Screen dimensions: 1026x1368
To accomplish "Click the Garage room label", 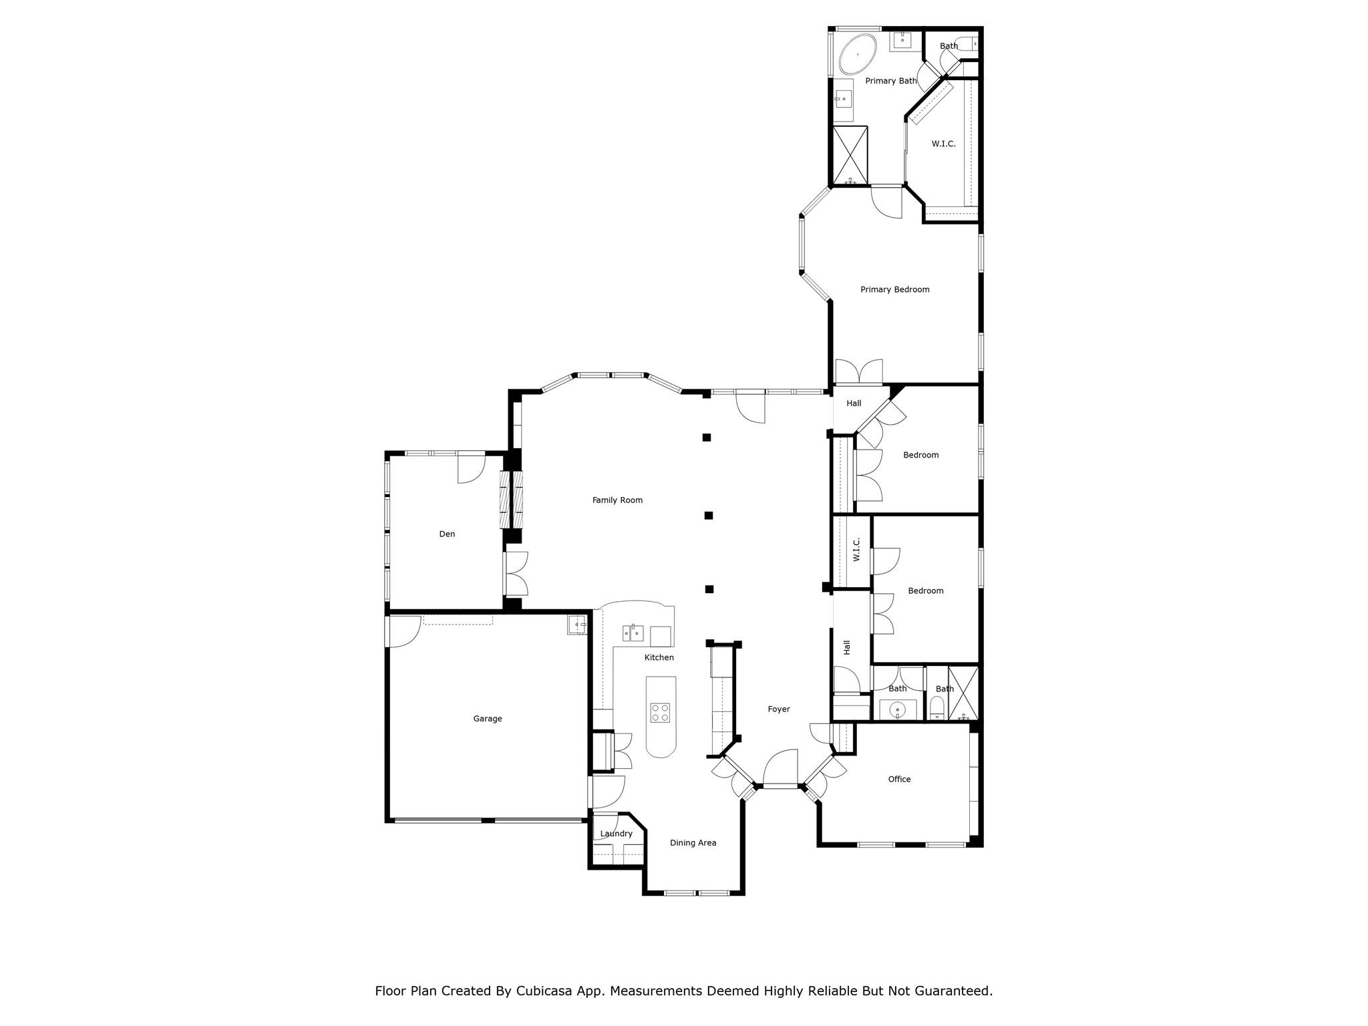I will (488, 719).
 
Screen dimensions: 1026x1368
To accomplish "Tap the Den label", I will (447, 534).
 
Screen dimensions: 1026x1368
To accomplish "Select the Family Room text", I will (617, 500).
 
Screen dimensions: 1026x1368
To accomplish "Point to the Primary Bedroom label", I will (894, 289).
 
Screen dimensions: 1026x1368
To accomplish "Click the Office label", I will (899, 779).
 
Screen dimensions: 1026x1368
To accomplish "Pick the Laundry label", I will (616, 834).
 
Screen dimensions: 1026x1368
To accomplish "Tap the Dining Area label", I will (693, 843).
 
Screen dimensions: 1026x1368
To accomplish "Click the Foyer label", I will (778, 709).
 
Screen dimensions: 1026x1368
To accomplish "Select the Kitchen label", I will (659, 657).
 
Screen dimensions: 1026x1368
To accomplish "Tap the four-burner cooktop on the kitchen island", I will (661, 713).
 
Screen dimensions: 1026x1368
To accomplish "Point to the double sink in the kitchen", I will (633, 632).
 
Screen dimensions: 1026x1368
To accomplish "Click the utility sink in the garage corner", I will (577, 625).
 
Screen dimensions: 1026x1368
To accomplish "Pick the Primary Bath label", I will (890, 81).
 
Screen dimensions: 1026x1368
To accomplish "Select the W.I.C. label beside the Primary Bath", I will (943, 144).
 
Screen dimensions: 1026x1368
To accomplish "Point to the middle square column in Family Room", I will (709, 515).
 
